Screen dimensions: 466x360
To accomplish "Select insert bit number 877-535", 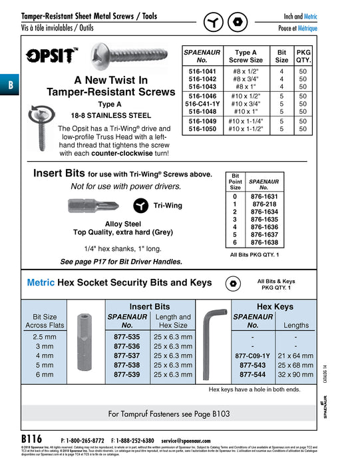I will point(126,338).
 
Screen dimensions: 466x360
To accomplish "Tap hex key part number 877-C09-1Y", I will point(253,356).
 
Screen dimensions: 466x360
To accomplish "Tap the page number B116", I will point(32,439).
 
